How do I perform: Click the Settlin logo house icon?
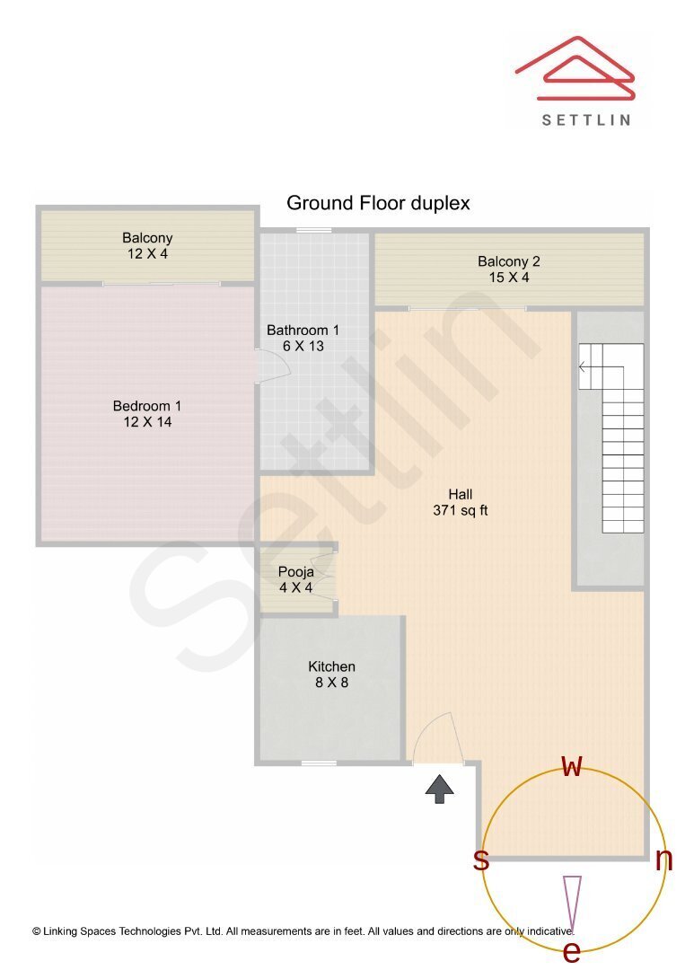tap(575, 69)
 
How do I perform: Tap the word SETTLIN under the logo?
tap(586, 119)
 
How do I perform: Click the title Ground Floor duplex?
tap(378, 203)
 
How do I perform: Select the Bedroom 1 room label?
tap(146, 413)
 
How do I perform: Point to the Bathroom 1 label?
tap(303, 338)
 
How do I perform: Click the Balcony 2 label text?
tap(508, 269)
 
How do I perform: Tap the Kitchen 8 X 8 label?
tap(331, 675)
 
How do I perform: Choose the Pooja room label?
tap(295, 579)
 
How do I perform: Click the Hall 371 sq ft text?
tap(460, 502)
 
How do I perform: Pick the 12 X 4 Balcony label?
tap(147, 246)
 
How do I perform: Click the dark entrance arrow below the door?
tap(439, 789)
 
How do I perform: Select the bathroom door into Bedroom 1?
tap(273, 366)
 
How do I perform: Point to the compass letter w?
tap(572, 766)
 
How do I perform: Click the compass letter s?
tap(481, 860)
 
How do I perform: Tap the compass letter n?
tap(663, 860)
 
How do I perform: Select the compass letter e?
tap(571, 951)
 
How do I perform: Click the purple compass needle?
tap(572, 903)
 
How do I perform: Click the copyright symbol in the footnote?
tap(37, 932)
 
